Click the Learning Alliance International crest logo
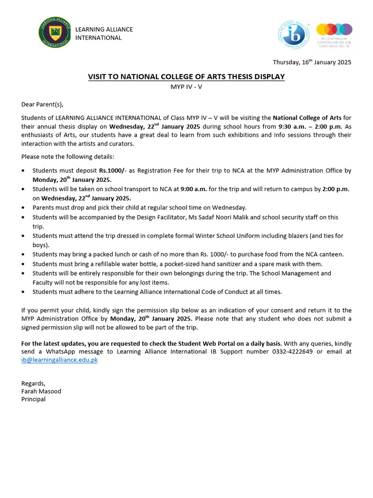pos(54,34)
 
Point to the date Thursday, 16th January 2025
pos(312,62)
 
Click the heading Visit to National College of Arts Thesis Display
pos(186,77)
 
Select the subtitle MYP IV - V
pos(186,86)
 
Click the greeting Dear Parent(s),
pos(42,104)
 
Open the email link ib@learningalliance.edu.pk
pos(59,360)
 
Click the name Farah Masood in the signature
pos(41,391)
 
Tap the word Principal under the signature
pos(34,399)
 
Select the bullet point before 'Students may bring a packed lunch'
pos(25,254)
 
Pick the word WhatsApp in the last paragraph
pos(73,351)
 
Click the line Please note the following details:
pos(67,157)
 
